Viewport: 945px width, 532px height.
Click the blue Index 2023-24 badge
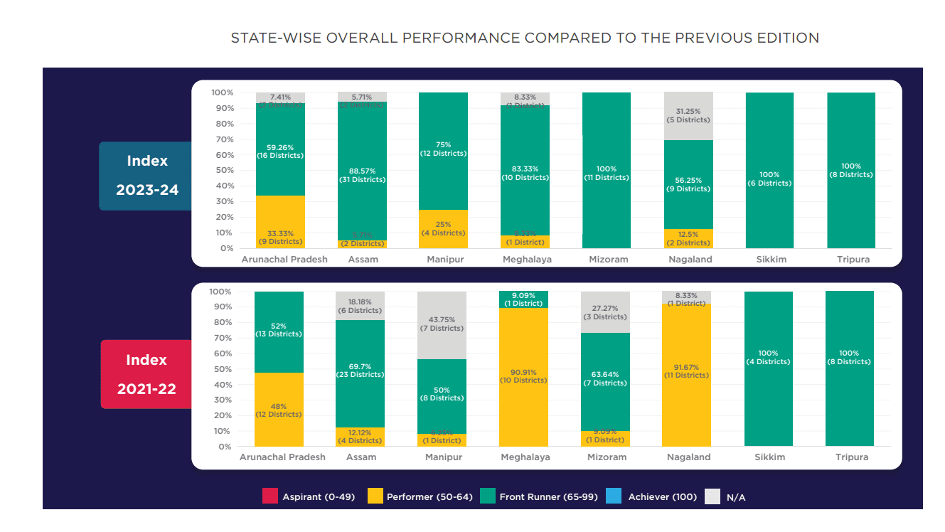(x=146, y=176)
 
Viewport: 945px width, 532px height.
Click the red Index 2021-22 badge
(x=146, y=374)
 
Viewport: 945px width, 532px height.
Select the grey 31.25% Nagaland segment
(x=688, y=116)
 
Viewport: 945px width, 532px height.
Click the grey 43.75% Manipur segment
(x=442, y=325)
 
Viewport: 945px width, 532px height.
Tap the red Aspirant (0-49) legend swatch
(x=270, y=496)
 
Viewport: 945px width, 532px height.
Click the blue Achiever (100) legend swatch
(x=615, y=496)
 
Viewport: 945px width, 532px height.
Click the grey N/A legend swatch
(x=712, y=496)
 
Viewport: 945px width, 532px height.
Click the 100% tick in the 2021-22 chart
(x=221, y=292)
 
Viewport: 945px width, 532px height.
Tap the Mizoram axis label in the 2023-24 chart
(x=608, y=260)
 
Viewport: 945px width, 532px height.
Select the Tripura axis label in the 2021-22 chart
(x=851, y=457)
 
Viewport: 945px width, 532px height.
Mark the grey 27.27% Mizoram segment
(x=605, y=312)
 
